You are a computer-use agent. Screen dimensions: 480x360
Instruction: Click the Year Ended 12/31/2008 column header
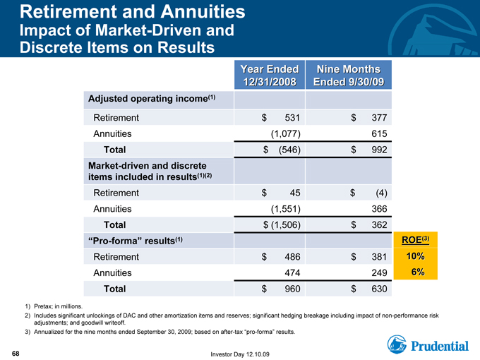click(270, 76)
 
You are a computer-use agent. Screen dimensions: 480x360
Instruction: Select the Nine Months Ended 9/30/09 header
click(349, 76)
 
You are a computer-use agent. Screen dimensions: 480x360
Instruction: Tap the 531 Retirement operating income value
click(292, 118)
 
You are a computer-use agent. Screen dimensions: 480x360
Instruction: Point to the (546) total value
click(289, 150)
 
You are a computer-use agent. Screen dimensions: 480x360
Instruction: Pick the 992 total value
click(379, 150)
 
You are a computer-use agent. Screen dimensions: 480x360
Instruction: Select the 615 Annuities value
click(379, 134)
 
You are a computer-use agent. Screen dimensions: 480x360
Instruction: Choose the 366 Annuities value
click(379, 209)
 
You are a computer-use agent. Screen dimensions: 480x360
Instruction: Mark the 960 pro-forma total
click(292, 289)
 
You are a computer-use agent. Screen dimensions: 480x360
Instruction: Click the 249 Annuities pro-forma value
click(379, 272)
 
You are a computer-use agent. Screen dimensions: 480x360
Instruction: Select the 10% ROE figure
click(415, 256)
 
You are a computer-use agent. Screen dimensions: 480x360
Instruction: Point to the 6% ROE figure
click(418, 272)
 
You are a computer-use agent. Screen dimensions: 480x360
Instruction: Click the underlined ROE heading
click(415, 240)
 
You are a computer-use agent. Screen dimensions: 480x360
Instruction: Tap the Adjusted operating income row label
click(152, 99)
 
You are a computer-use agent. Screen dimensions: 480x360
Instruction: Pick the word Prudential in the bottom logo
click(440, 346)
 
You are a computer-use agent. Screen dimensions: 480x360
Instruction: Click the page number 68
click(16, 354)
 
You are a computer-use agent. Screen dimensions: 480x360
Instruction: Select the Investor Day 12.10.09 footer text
click(240, 354)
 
